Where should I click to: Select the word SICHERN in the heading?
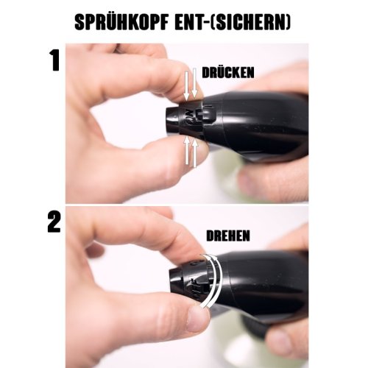tap(249, 23)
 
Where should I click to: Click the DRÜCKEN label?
tap(227, 72)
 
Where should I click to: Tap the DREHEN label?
tap(228, 235)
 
